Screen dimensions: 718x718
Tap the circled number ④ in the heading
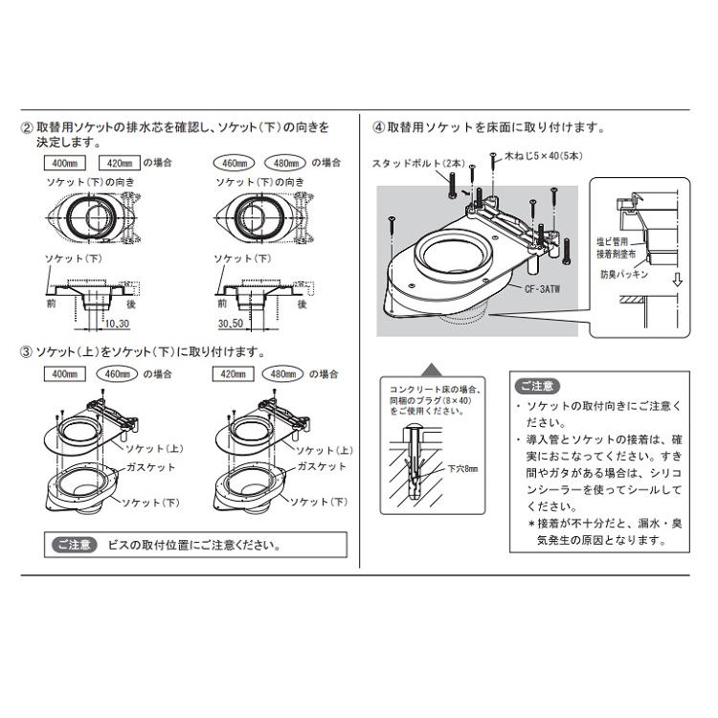[x=378, y=126]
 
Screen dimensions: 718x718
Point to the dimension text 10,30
[x=119, y=325]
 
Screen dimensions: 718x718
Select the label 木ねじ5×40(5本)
[x=536, y=154]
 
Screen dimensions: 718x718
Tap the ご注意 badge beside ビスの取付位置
[x=74, y=545]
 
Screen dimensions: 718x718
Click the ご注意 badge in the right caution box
[x=536, y=387]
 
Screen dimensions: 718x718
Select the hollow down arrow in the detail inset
[x=677, y=281]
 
